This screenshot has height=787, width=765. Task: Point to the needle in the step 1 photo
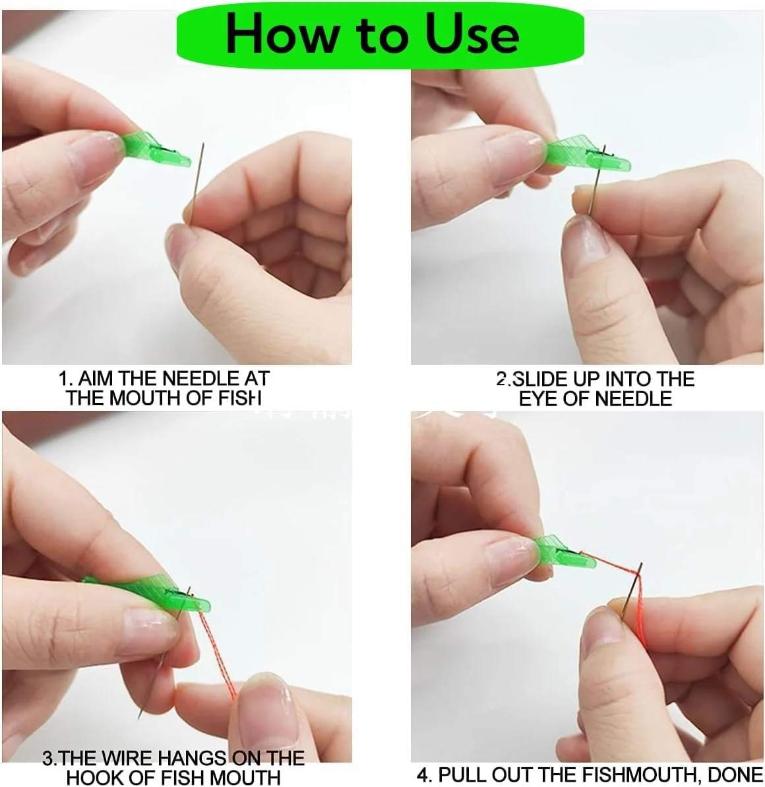197,183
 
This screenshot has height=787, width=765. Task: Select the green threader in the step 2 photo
587,153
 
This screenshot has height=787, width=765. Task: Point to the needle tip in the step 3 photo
139,718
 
